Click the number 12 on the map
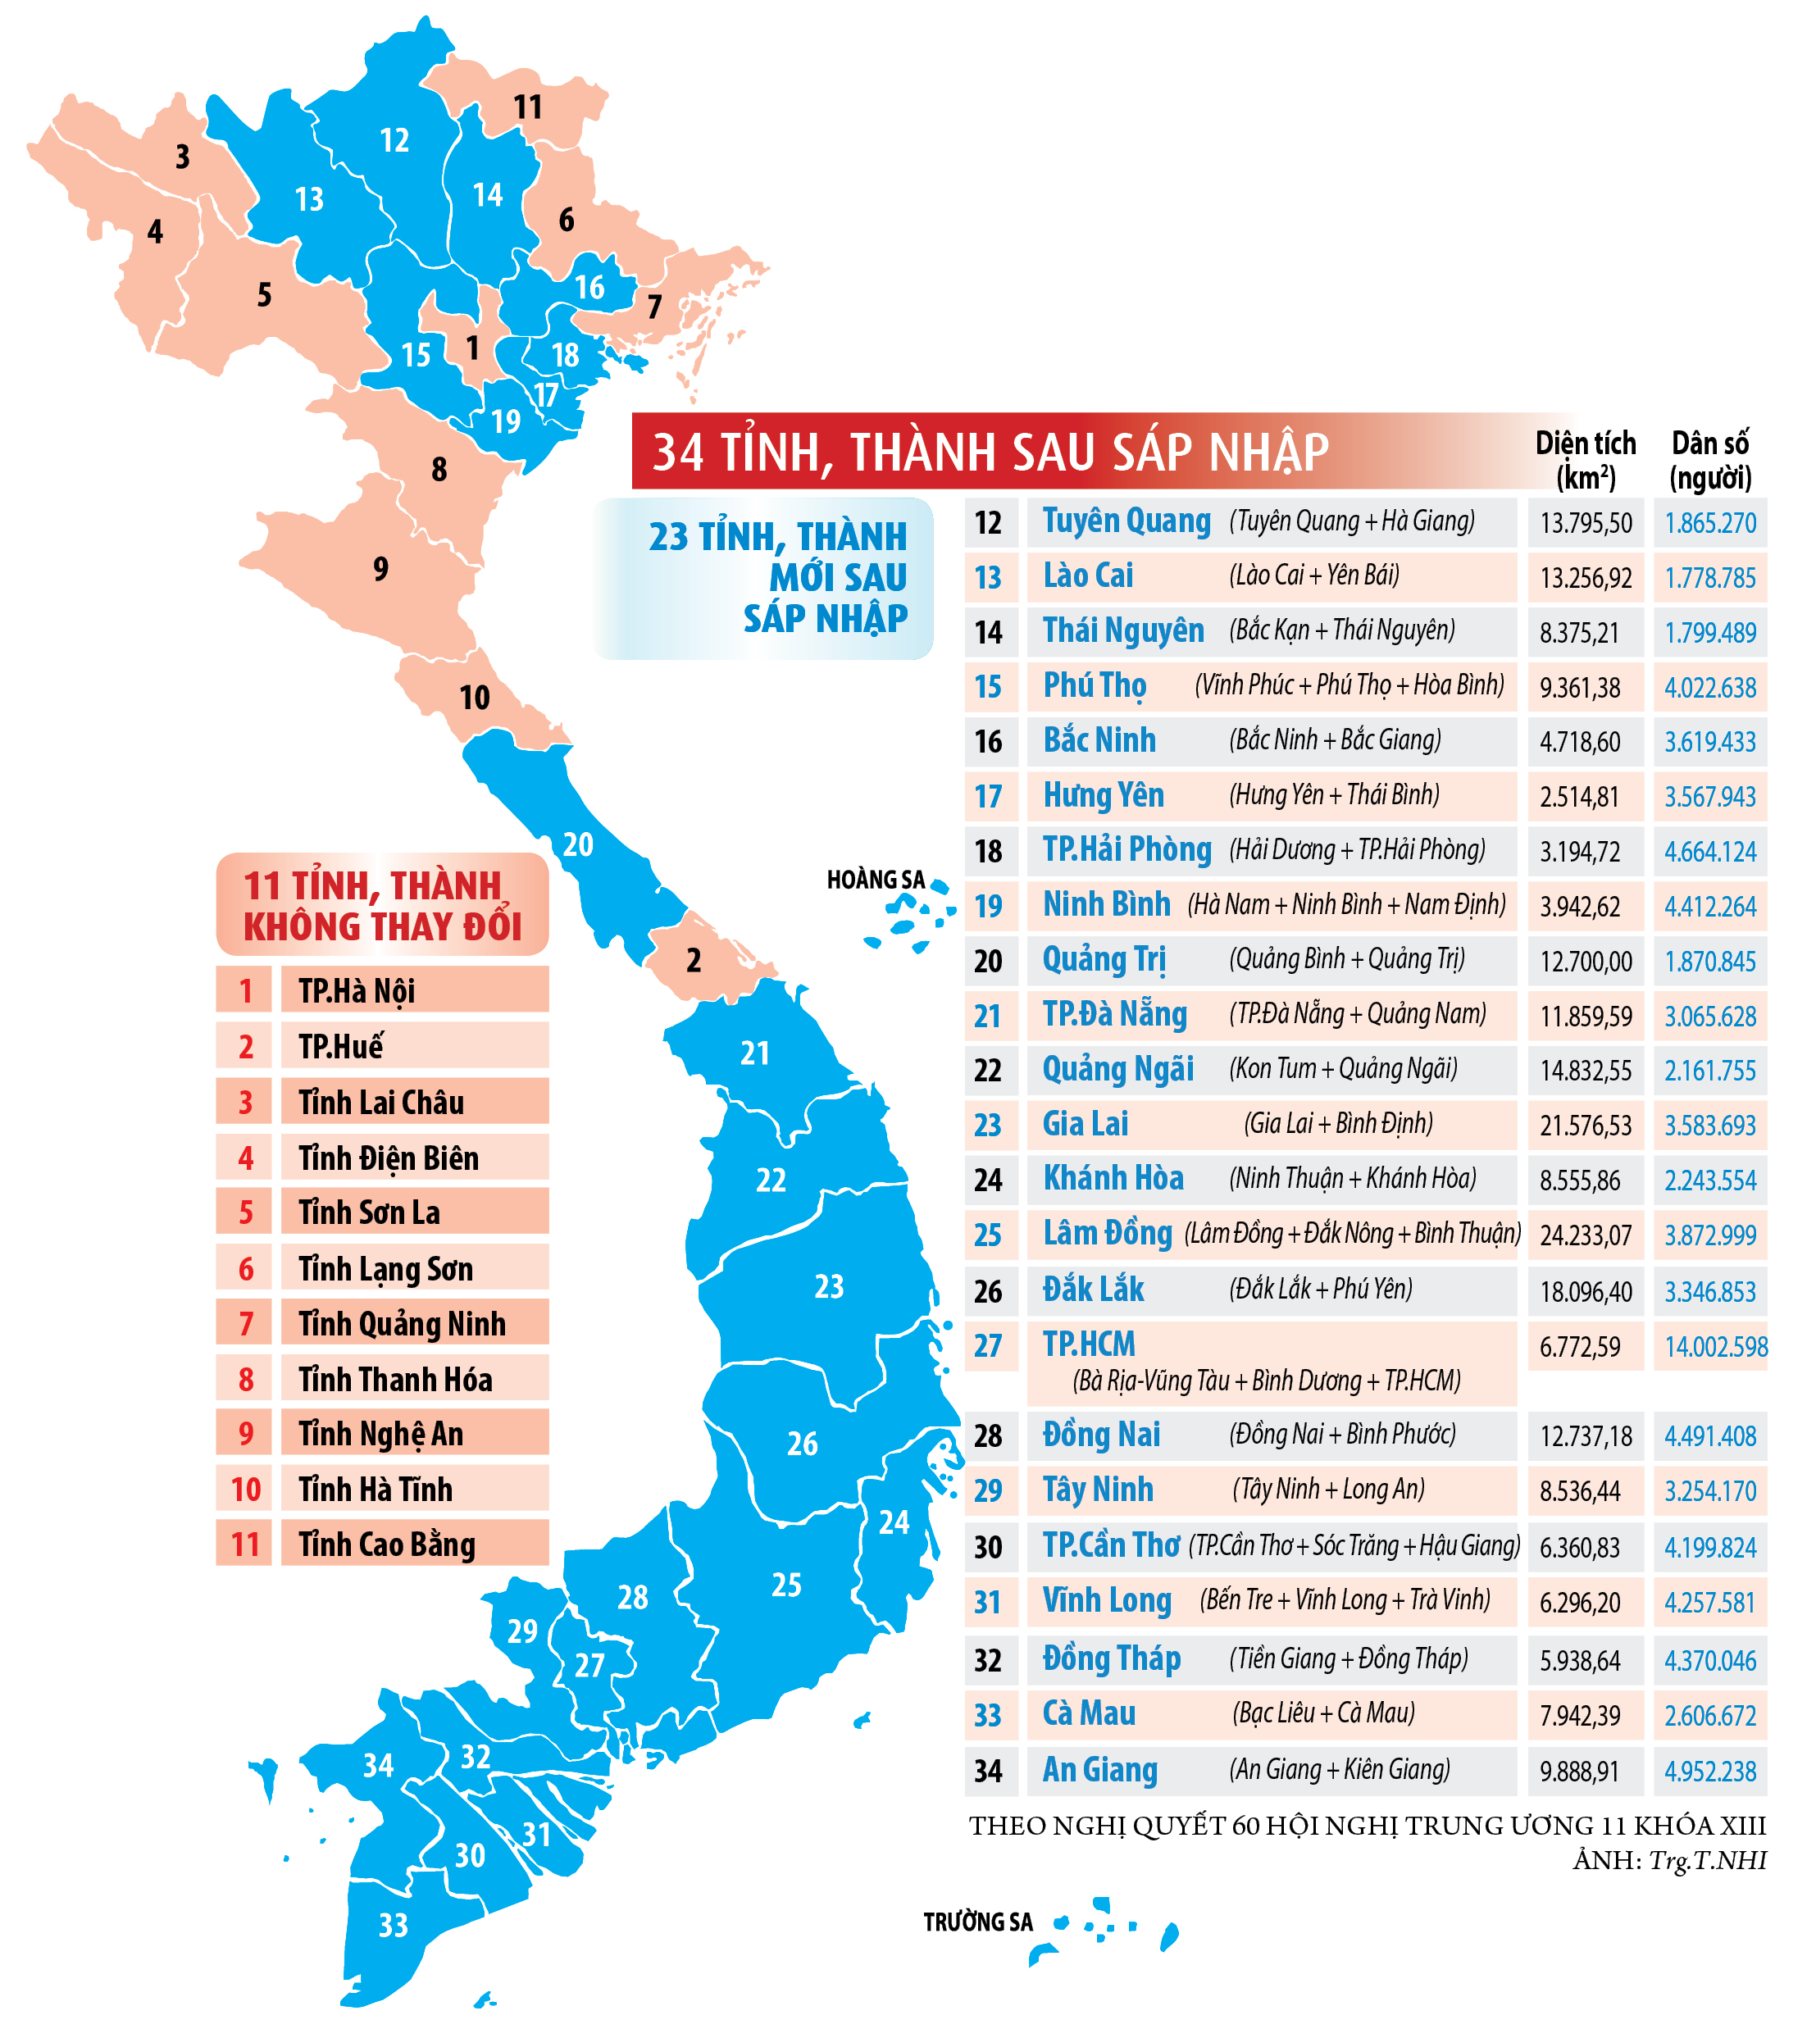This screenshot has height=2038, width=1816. (394, 141)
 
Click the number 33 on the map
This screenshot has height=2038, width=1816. (394, 1924)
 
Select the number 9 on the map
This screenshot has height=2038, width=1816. (380, 569)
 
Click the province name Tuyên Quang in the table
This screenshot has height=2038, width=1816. (1126, 521)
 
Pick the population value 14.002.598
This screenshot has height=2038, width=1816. (1715, 1347)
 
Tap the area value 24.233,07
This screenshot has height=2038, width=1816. (1586, 1236)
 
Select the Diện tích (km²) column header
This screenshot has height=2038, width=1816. (1585, 460)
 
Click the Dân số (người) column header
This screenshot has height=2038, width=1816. (1709, 460)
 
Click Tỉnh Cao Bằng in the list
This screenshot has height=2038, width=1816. (386, 1544)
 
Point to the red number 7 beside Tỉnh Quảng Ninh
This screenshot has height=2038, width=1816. (245, 1324)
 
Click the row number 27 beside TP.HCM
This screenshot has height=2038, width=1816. (988, 1346)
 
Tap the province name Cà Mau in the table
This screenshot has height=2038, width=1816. (1089, 1714)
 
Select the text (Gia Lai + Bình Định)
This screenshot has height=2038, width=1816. (1337, 1124)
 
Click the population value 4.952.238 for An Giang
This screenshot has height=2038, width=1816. (1709, 1772)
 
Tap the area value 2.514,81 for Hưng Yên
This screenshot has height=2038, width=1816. (1580, 797)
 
